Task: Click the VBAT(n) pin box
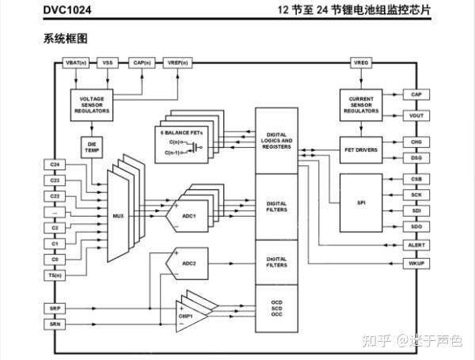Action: [75, 63]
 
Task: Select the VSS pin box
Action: [107, 63]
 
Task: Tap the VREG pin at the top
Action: [361, 63]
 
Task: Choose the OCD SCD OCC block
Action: [276, 308]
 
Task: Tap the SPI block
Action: [361, 202]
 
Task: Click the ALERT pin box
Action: [417, 245]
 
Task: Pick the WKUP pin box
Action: [417, 263]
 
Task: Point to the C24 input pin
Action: [55, 165]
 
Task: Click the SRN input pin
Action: [55, 324]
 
